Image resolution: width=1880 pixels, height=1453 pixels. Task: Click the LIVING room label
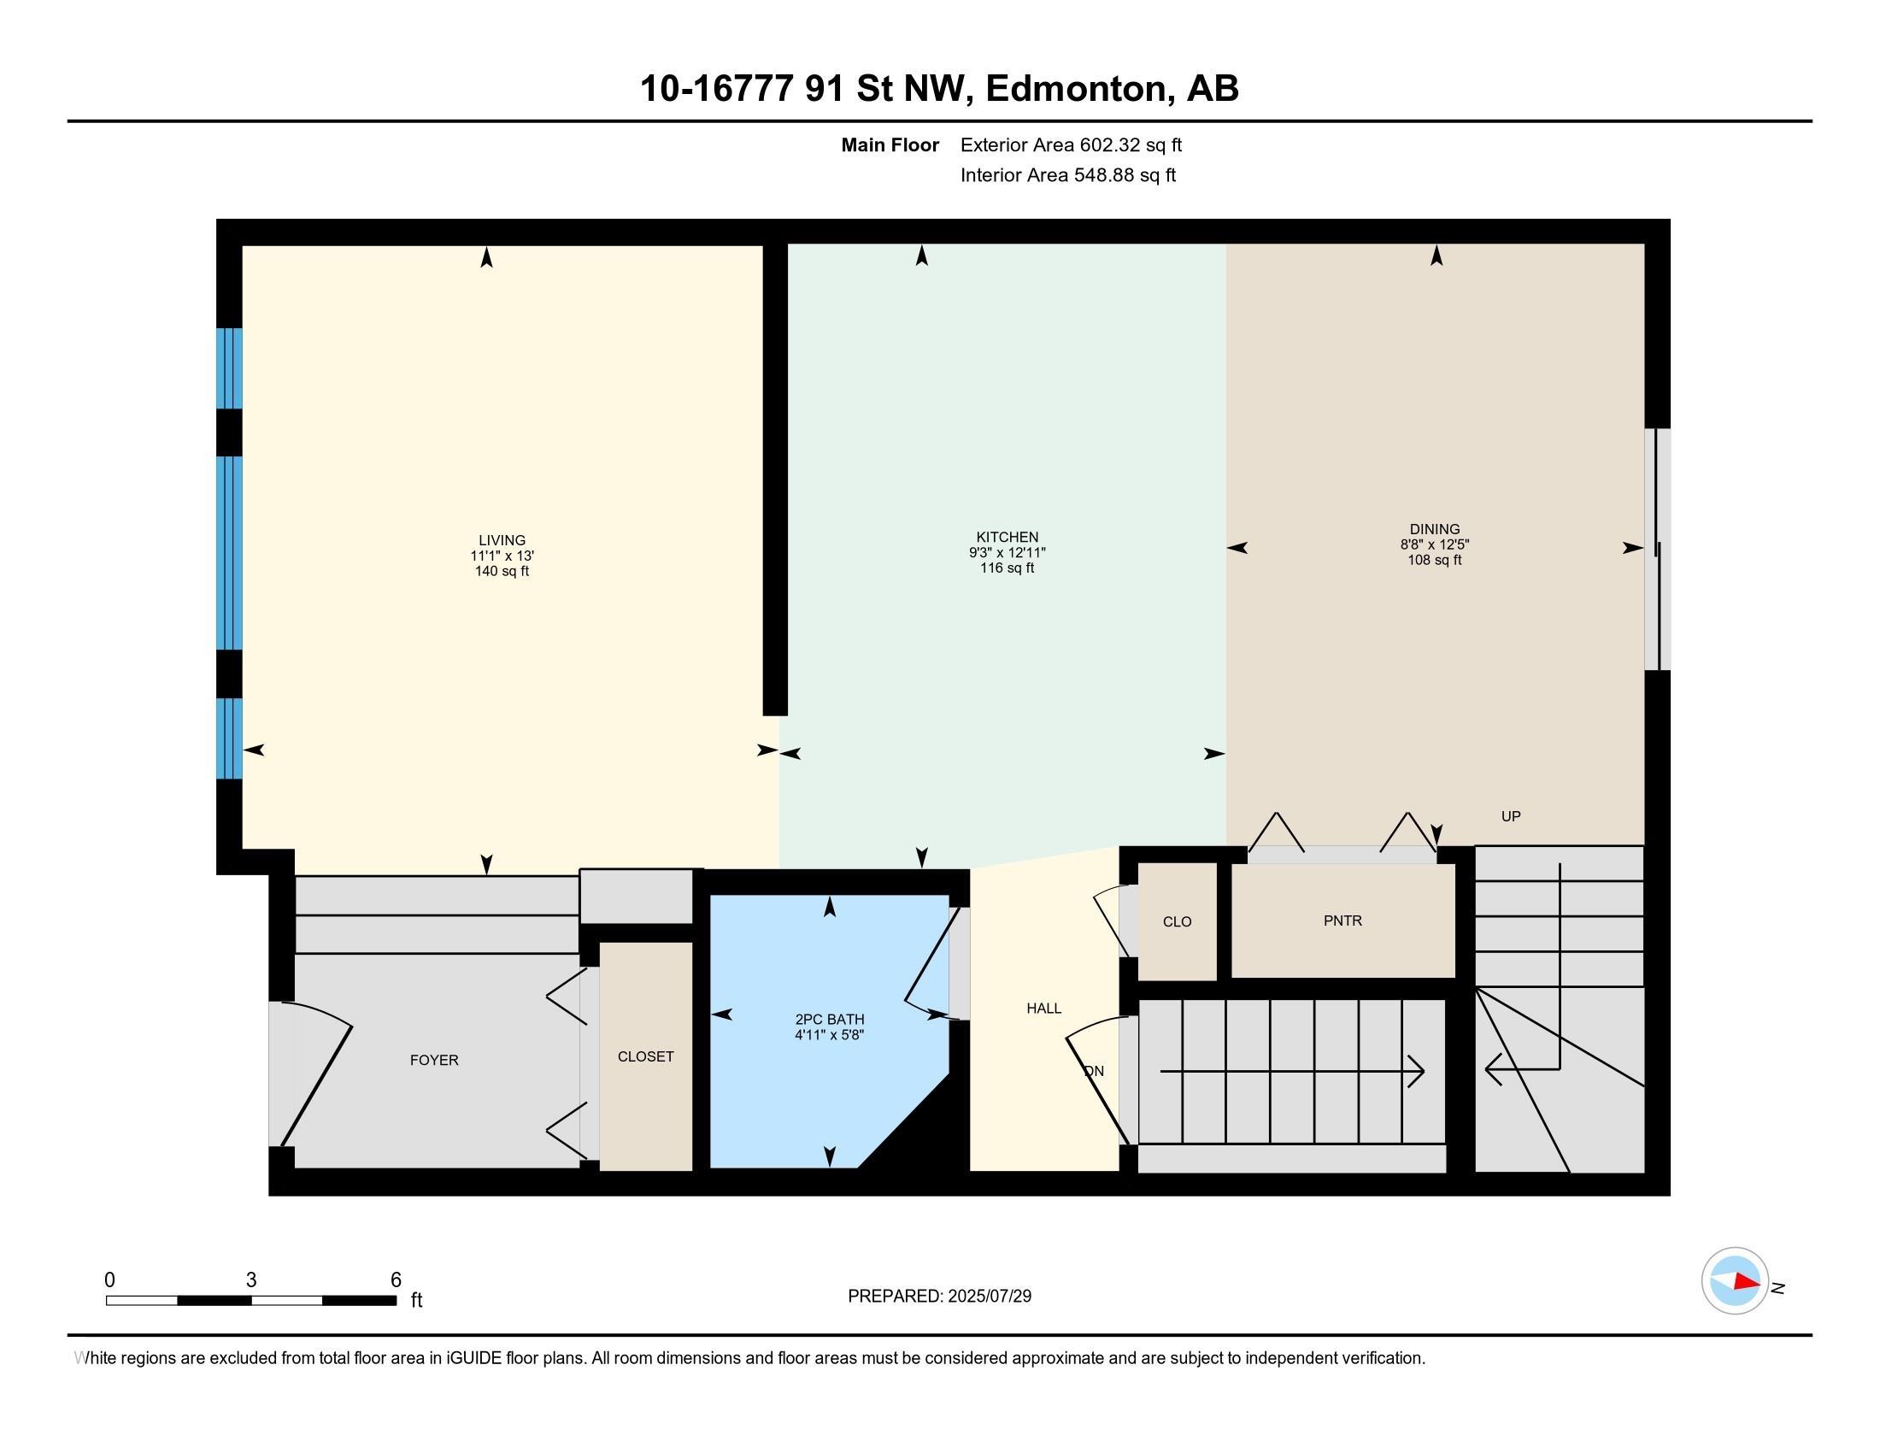tap(502, 540)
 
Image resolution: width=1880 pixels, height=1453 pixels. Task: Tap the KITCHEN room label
tap(1008, 537)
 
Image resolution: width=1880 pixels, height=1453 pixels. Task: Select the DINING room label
tap(1435, 529)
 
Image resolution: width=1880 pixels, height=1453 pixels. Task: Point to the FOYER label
tap(434, 1061)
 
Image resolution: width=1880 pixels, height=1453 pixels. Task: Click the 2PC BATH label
tap(829, 1019)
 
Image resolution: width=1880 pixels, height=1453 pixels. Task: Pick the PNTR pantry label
tap(1342, 921)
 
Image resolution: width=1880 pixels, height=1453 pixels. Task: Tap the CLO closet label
tap(1177, 922)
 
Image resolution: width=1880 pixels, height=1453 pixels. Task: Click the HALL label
tap(1043, 1008)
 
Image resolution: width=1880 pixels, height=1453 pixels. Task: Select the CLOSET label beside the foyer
tap(645, 1057)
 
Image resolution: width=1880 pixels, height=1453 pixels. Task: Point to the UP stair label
tap(1511, 816)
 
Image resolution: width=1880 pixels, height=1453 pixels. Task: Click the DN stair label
tap(1094, 1072)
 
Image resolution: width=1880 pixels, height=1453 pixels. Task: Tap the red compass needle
tap(1747, 1282)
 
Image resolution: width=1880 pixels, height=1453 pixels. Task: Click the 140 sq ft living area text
tap(502, 571)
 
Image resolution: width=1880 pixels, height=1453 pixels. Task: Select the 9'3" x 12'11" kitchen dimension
tap(1008, 553)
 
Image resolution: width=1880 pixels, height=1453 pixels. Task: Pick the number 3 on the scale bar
tap(251, 1280)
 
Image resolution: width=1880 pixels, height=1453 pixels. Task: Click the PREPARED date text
tap(939, 1297)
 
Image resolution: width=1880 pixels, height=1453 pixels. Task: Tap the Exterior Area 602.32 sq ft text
tap(1071, 144)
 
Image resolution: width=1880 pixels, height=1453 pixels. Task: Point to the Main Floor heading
tap(890, 144)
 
